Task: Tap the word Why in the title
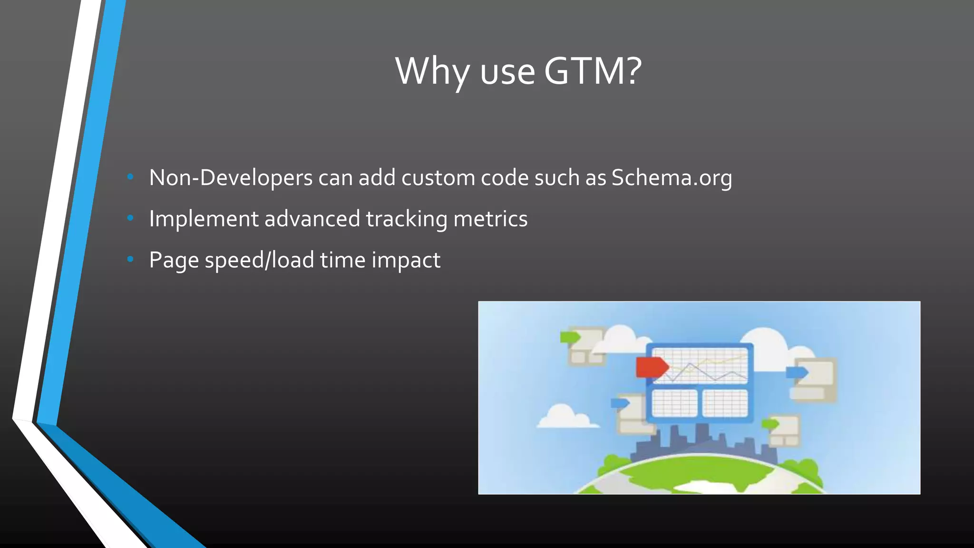[432, 71]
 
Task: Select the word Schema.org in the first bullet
[672, 178]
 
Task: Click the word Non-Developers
[231, 178]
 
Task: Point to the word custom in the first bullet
[438, 178]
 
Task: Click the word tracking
[406, 219]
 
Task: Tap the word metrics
[490, 219]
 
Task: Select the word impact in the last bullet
[406, 260]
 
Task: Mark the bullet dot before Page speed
[130, 260]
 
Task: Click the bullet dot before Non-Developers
[130, 177]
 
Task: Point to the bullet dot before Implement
[130, 218]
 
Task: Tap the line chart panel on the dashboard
[699, 365]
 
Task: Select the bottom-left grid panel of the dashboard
[674, 403]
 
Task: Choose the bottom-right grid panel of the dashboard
[725, 403]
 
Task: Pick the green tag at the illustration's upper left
[570, 337]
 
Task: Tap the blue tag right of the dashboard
[797, 372]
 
